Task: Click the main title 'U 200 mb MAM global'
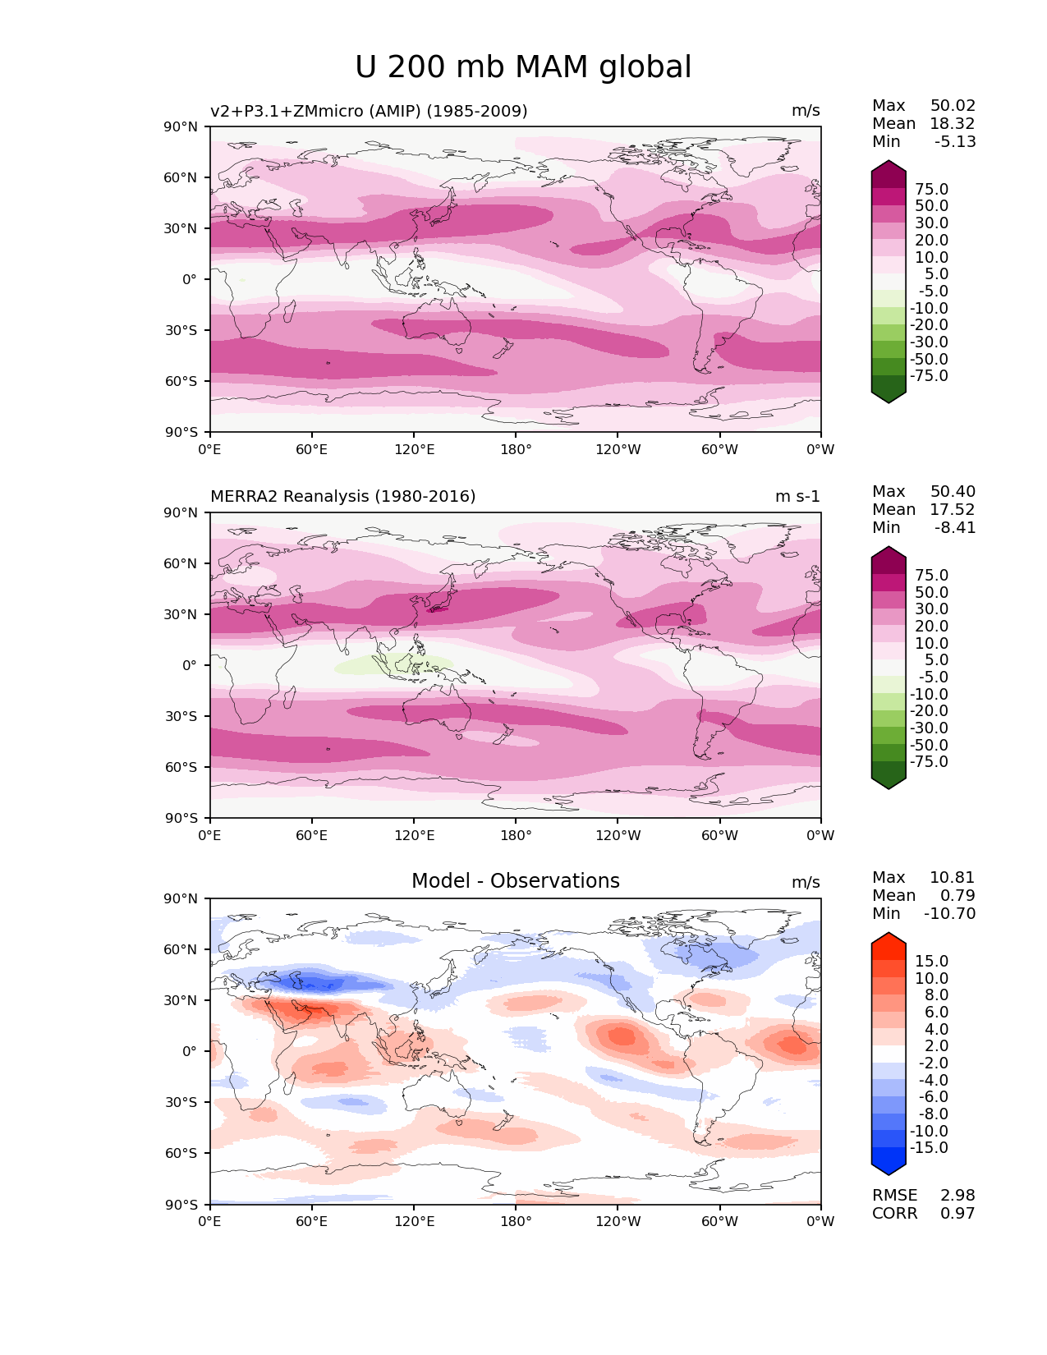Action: tap(523, 67)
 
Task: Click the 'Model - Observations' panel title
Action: tap(515, 881)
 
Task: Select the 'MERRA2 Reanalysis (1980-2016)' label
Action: tap(342, 496)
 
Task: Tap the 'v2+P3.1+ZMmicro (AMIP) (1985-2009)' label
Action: tap(369, 111)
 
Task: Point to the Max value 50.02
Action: tap(953, 105)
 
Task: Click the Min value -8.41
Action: tap(955, 527)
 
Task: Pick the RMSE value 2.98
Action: tap(957, 1195)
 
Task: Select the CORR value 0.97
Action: tap(957, 1213)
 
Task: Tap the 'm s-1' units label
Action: tap(797, 496)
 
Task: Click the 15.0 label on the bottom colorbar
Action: tap(931, 961)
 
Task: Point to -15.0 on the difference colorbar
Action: tap(929, 1147)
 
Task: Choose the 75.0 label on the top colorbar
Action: tap(931, 189)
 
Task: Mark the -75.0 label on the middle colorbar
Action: tap(929, 761)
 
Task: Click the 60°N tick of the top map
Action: tap(181, 177)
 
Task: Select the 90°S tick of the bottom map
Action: tap(181, 1205)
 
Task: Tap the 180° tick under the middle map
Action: tap(516, 835)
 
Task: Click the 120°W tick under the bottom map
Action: tap(618, 1221)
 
